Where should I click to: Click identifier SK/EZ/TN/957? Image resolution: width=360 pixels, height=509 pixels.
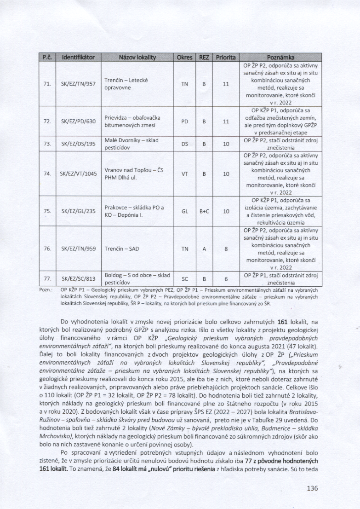78,84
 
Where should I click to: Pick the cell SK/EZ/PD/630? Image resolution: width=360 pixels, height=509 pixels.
78,121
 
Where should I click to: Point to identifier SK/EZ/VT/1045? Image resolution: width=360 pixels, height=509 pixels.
78,174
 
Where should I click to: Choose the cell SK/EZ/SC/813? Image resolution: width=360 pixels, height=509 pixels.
78,278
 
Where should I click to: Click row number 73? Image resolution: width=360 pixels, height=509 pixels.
47,144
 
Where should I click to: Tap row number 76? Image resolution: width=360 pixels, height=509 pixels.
47,249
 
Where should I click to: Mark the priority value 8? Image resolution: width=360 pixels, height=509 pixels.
226,249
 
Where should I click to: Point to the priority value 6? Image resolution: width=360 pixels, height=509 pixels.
226,278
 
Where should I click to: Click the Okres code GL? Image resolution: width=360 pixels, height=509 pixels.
185,211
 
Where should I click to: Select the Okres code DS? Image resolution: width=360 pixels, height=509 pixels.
185,144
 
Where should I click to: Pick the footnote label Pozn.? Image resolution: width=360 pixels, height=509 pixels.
46,290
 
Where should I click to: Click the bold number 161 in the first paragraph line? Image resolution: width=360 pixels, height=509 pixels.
282,321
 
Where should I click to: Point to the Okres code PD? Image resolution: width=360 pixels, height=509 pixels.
185,121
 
